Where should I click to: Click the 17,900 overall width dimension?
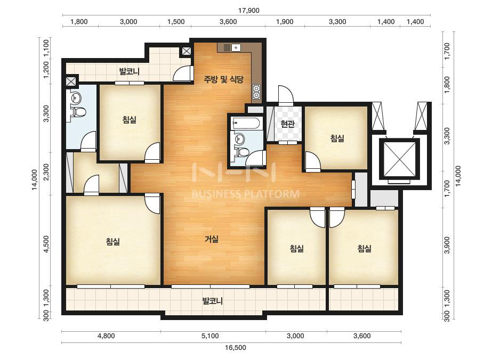tap(248, 11)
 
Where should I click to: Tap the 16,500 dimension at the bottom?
tap(235, 347)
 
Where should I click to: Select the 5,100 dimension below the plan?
tap(210, 336)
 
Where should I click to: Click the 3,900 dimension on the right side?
tap(447, 245)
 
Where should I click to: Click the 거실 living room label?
tap(212, 239)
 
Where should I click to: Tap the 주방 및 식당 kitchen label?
tap(223, 79)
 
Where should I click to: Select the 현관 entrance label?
tap(287, 124)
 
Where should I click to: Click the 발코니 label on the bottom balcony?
tap(213, 301)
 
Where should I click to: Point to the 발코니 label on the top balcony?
tap(130, 71)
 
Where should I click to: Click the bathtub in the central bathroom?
tap(245, 123)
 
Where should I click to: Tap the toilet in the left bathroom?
tap(78, 112)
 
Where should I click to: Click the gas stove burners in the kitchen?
tap(256, 92)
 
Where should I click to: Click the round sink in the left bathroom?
tap(76, 98)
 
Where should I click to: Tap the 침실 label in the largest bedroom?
tap(112, 241)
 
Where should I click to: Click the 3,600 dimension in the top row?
tap(228, 22)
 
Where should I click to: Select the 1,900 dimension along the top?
tap(285, 22)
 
